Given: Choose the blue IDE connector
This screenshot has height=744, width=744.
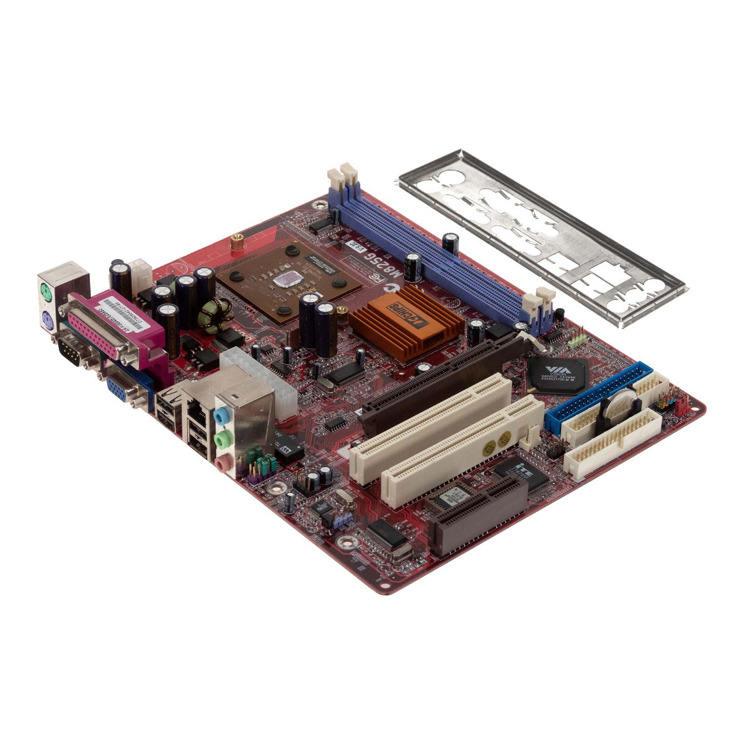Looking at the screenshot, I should click(595, 397).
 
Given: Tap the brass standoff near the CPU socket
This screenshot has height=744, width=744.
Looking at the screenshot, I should click(236, 242).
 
